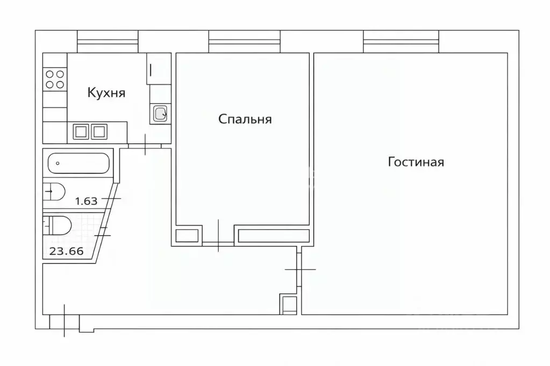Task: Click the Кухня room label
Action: point(106,93)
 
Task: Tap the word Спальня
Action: point(245,119)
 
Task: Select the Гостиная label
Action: point(416,162)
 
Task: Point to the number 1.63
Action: point(86,202)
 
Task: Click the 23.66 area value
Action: point(67,251)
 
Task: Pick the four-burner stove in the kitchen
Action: point(55,79)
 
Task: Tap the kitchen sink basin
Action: point(160,113)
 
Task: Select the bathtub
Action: point(78,163)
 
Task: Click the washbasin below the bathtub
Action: point(54,191)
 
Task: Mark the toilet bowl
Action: point(56,225)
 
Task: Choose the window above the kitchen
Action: point(108,41)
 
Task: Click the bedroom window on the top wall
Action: point(244,41)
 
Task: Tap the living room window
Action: point(401,41)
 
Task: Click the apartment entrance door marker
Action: point(65,320)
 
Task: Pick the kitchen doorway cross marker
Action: point(145,145)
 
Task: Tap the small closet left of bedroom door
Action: point(187,235)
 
